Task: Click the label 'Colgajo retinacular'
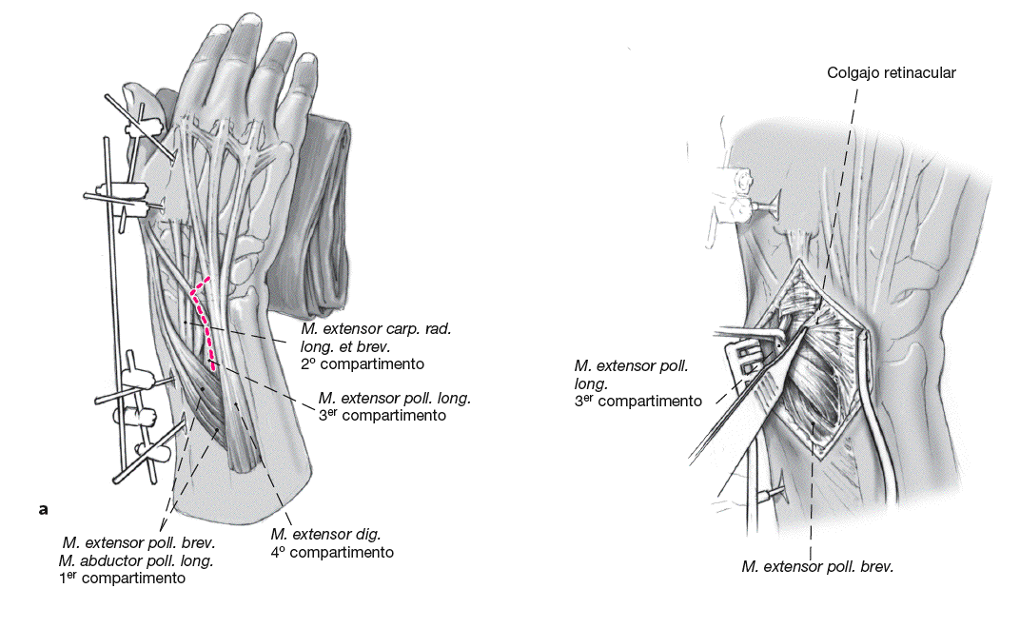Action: coord(892,72)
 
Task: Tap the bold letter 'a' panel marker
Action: coord(43,510)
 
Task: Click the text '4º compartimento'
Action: coord(332,552)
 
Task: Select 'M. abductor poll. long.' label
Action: coord(136,560)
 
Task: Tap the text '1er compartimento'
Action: coord(122,578)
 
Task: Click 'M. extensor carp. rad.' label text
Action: coord(374,329)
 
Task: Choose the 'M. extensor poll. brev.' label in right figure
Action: coord(818,567)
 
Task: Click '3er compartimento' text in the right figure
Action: coord(638,401)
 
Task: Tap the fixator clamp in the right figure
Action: coord(733,195)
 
